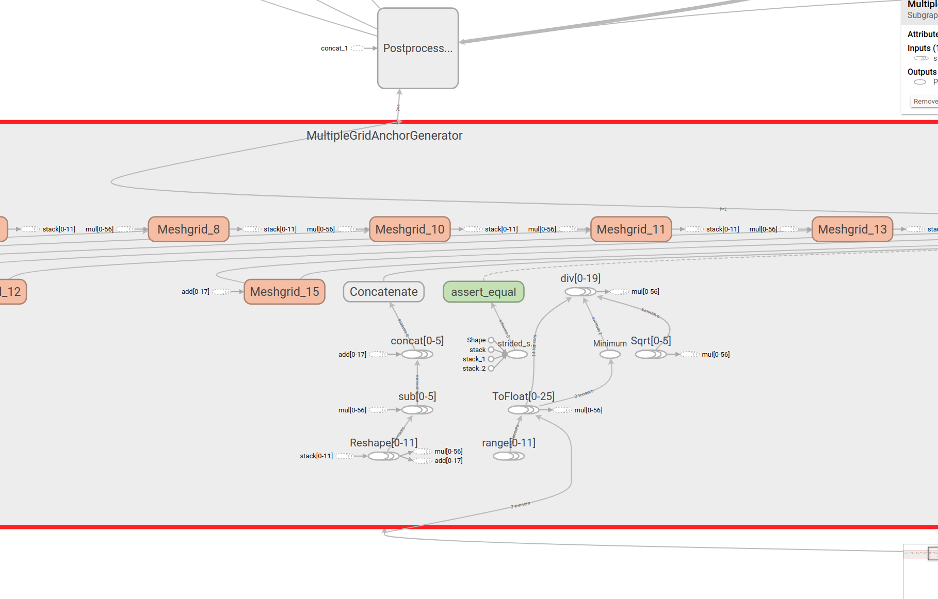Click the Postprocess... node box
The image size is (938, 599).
click(x=418, y=48)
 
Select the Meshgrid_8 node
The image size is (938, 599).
click(x=188, y=229)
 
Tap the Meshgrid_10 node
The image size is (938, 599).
click(x=410, y=229)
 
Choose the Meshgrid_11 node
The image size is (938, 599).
click(x=631, y=229)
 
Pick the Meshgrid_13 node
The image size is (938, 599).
click(x=852, y=229)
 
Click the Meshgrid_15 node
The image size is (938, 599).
click(x=284, y=292)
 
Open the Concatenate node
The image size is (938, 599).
click(x=384, y=292)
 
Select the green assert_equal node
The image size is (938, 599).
click(x=483, y=292)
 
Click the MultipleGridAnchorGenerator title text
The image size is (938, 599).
click(x=384, y=136)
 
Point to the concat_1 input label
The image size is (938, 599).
click(x=334, y=48)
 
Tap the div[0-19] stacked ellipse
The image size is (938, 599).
click(x=578, y=292)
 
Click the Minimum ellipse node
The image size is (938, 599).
click(x=610, y=354)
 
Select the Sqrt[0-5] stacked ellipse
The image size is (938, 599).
click(x=649, y=354)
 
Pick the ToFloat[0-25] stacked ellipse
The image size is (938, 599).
click(x=521, y=410)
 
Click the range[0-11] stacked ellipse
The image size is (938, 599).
click(x=507, y=456)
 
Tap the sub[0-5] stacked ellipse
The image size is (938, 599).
click(x=415, y=410)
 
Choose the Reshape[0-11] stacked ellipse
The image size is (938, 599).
click(x=381, y=456)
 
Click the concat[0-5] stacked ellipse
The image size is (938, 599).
click(x=415, y=354)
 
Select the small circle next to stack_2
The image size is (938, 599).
click(x=491, y=369)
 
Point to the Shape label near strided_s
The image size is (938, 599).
click(x=476, y=340)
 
